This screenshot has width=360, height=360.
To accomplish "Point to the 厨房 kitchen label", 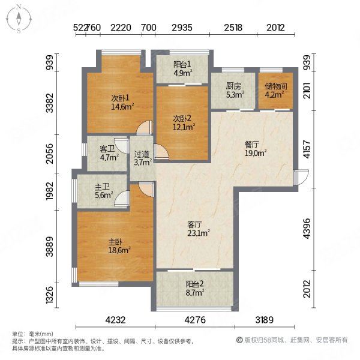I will pos(232,85).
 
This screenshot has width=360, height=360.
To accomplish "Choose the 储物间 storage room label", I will pos(276,85).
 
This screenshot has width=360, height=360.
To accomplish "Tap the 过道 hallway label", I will pos(141,154).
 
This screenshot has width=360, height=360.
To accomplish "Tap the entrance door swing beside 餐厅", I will pos(300,177).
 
